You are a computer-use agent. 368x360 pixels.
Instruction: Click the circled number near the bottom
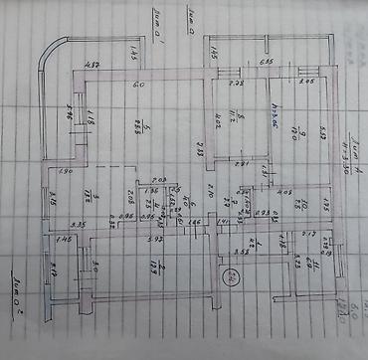pos(231,275)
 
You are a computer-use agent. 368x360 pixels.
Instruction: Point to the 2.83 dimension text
pos(199,149)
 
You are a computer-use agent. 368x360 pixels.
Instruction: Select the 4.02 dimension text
pos(212,124)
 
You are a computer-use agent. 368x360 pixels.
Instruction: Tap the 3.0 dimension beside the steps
pos(95,267)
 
